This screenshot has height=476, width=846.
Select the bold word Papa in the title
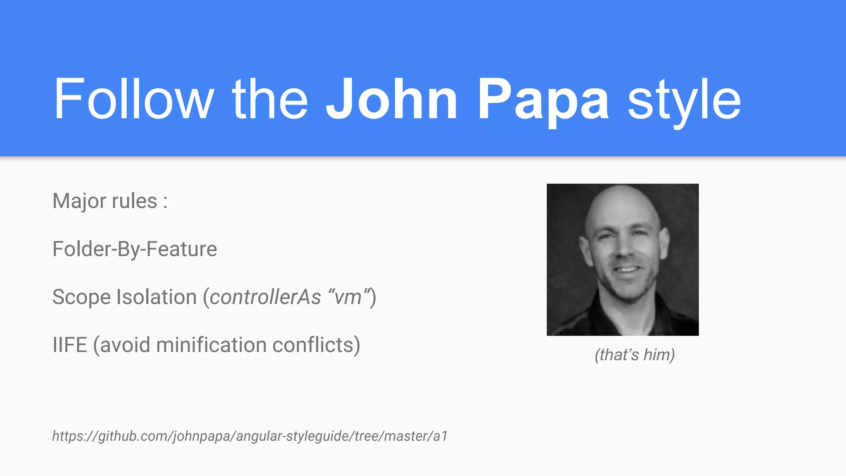pyautogui.click(x=543, y=99)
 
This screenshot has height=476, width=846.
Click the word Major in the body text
pyautogui.click(x=79, y=201)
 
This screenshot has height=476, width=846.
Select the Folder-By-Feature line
pyautogui.click(x=135, y=249)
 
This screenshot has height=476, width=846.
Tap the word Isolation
pyautogui.click(x=157, y=297)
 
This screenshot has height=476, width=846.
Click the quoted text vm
pyautogui.click(x=348, y=297)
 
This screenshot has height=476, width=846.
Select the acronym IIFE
pyautogui.click(x=70, y=345)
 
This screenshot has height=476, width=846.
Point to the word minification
pyautogui.click(x=211, y=345)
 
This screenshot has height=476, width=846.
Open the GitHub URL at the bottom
pyautogui.click(x=250, y=436)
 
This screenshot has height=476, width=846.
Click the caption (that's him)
pyautogui.click(x=634, y=355)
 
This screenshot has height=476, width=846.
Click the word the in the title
pyautogui.click(x=270, y=99)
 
